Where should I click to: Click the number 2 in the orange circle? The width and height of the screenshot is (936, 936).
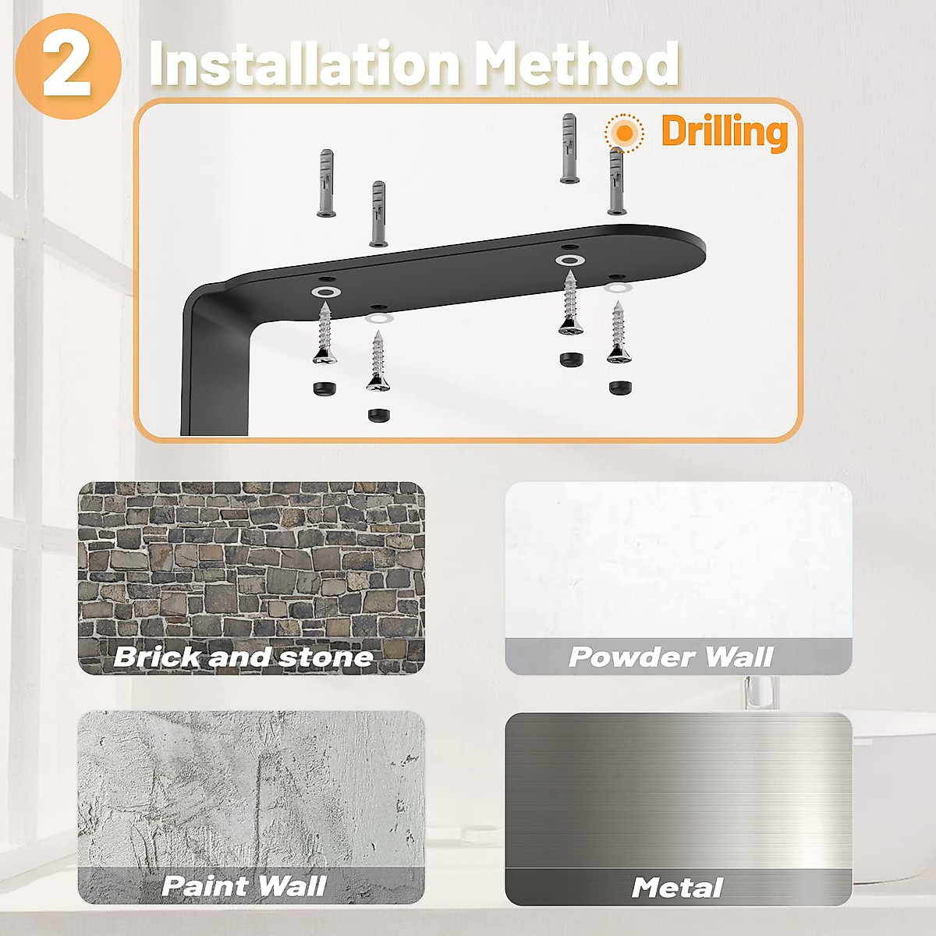(x=67, y=66)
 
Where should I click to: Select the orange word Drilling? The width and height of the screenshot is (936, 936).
(x=724, y=131)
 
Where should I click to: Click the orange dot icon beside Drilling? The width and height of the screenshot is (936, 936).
(x=624, y=133)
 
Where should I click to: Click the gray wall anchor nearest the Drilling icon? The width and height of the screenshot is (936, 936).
(x=618, y=181)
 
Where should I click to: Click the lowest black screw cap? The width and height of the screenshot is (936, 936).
(x=379, y=413)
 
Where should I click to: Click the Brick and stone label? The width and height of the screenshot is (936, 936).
(x=243, y=657)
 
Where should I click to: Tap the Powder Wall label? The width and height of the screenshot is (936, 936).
(x=671, y=657)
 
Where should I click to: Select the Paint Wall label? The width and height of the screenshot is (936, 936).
(x=244, y=886)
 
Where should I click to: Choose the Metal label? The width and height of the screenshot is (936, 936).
(x=677, y=887)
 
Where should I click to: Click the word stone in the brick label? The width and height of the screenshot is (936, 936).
(x=325, y=657)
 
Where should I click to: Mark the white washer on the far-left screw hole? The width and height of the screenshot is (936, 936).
(x=324, y=291)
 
